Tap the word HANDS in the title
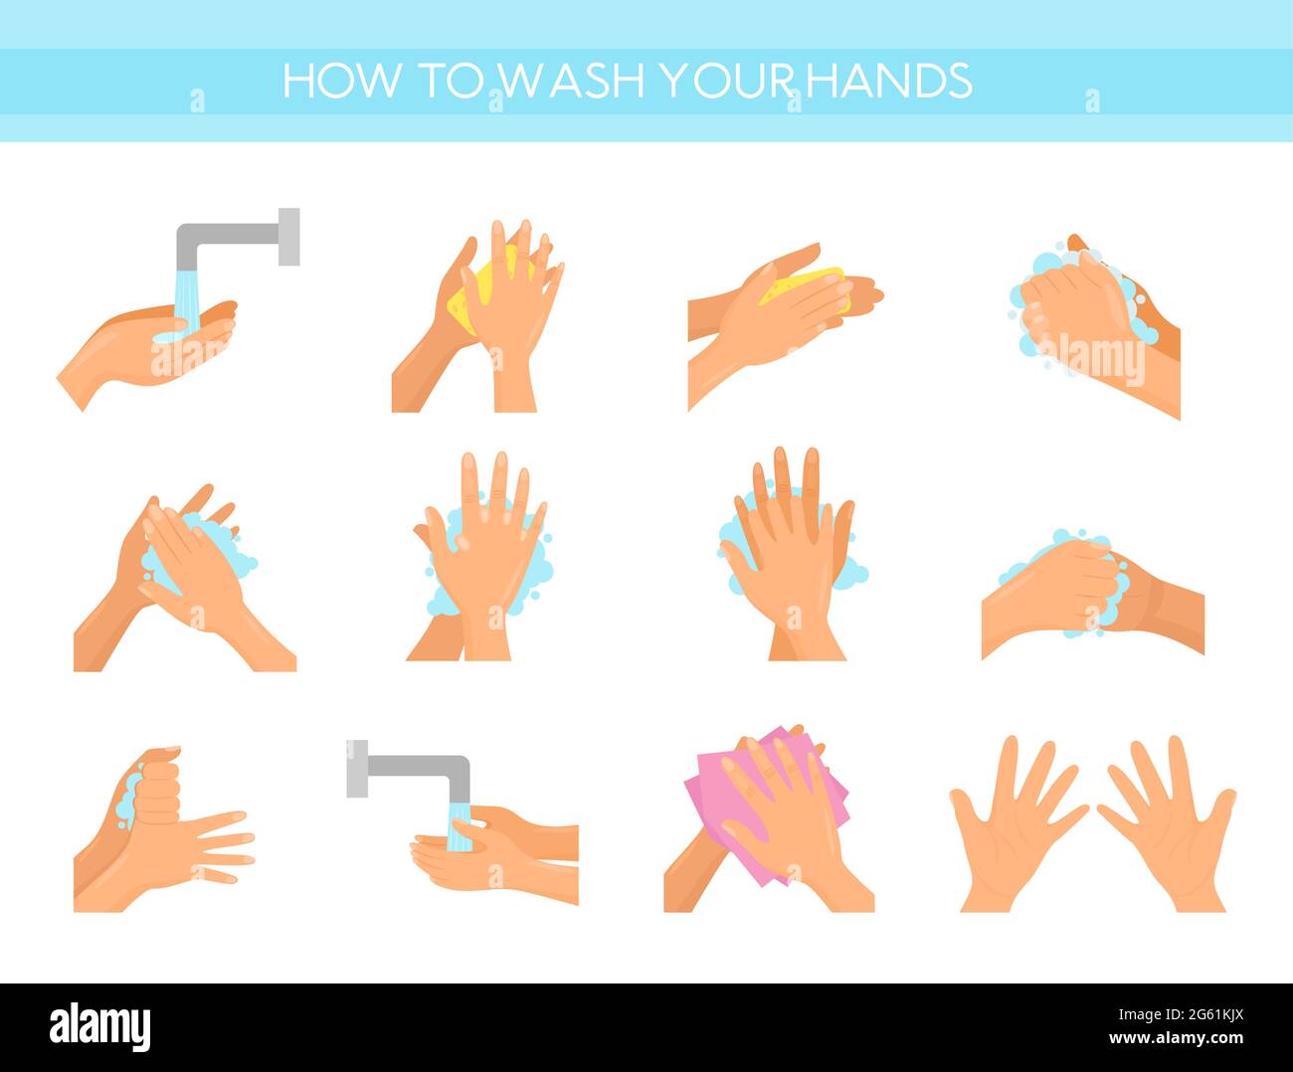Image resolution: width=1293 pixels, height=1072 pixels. click(889, 82)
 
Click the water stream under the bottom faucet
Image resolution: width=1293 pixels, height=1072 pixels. click(459, 825)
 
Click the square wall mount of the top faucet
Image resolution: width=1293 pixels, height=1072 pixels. click(288, 237)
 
